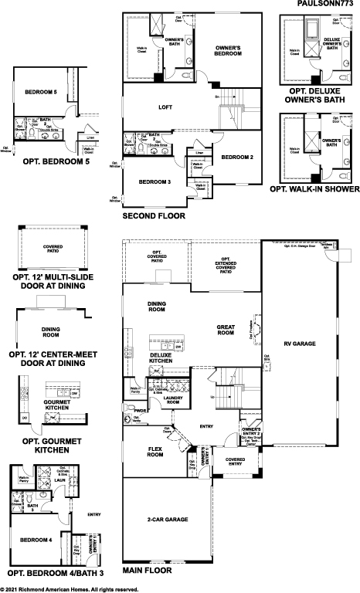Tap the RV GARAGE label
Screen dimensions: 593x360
301,343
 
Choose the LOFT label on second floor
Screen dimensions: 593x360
165,107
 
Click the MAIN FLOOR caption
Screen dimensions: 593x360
147,571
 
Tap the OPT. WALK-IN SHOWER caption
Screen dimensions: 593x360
314,188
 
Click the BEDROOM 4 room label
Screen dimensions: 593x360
36,540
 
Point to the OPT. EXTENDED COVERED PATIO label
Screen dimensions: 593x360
226,266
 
